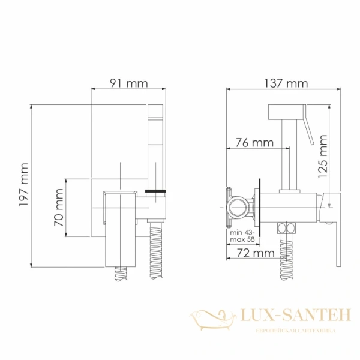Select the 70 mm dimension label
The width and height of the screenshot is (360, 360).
click(x=59, y=207)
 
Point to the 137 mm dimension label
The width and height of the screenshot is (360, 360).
click(x=284, y=83)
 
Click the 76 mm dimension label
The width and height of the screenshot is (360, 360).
click(x=251, y=143)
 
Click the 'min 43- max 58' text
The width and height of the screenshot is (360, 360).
click(x=242, y=236)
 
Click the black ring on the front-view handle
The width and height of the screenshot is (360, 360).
click(x=156, y=192)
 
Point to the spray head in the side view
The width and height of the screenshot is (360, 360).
click(x=287, y=112)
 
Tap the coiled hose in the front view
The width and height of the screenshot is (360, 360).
click(x=155, y=246)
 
